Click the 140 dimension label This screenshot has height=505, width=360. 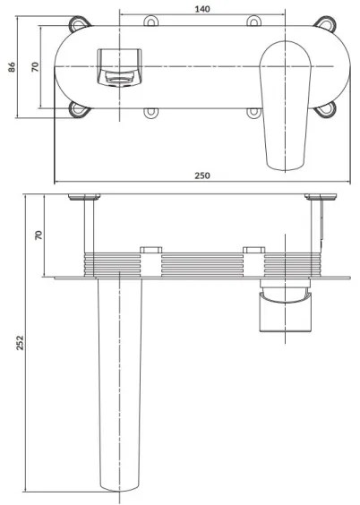coord(201,8)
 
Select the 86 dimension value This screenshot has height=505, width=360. coord(13,70)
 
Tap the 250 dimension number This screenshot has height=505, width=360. coord(201,175)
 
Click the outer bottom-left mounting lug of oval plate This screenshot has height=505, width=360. coord(81,109)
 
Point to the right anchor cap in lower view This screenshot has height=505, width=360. coord(318,196)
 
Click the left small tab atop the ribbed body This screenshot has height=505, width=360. coord(150,247)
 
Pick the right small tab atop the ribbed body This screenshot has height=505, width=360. coord(253,247)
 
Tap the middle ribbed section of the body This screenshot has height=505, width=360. coord(201,264)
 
